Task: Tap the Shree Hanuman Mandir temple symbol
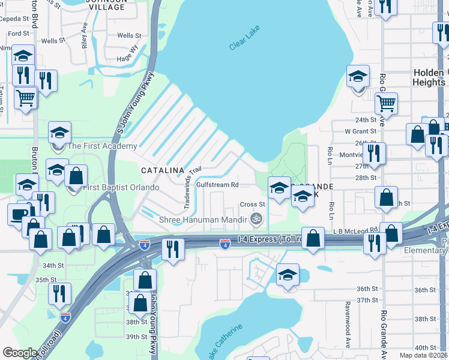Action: (257, 219)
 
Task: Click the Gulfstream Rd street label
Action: (218, 185)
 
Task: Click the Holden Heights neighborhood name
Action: (429, 77)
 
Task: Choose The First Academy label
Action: (102, 146)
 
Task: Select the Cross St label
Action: (253, 205)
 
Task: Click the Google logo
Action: (20, 353)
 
